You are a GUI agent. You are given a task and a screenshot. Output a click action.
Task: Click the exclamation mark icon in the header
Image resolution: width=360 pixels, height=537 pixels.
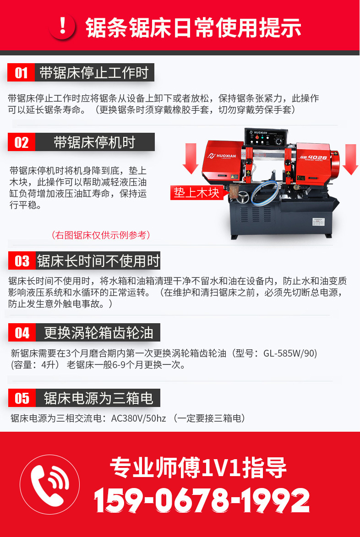[63, 27]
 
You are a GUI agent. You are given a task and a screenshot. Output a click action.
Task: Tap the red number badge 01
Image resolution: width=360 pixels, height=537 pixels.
[21, 73]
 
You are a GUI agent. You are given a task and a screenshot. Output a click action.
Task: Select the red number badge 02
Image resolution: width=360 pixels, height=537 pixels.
[21, 142]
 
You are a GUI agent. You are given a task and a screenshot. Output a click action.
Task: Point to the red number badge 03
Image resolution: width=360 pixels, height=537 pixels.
[22, 261]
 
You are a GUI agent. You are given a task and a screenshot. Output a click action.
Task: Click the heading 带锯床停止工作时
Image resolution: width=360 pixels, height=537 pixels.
[94, 73]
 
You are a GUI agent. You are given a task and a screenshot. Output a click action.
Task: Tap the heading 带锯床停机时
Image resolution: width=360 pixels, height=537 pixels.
[94, 142]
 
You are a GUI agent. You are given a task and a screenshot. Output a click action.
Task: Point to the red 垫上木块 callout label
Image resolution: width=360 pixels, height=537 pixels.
[196, 193]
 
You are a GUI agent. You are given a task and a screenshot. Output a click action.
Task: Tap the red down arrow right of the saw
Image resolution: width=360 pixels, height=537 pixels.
[350, 158]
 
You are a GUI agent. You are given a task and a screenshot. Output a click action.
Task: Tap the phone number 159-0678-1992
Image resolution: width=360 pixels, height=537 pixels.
[202, 500]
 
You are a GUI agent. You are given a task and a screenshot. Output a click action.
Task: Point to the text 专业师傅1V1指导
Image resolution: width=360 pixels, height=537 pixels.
[198, 468]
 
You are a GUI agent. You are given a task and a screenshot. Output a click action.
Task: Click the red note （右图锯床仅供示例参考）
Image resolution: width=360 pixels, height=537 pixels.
[101, 235]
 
